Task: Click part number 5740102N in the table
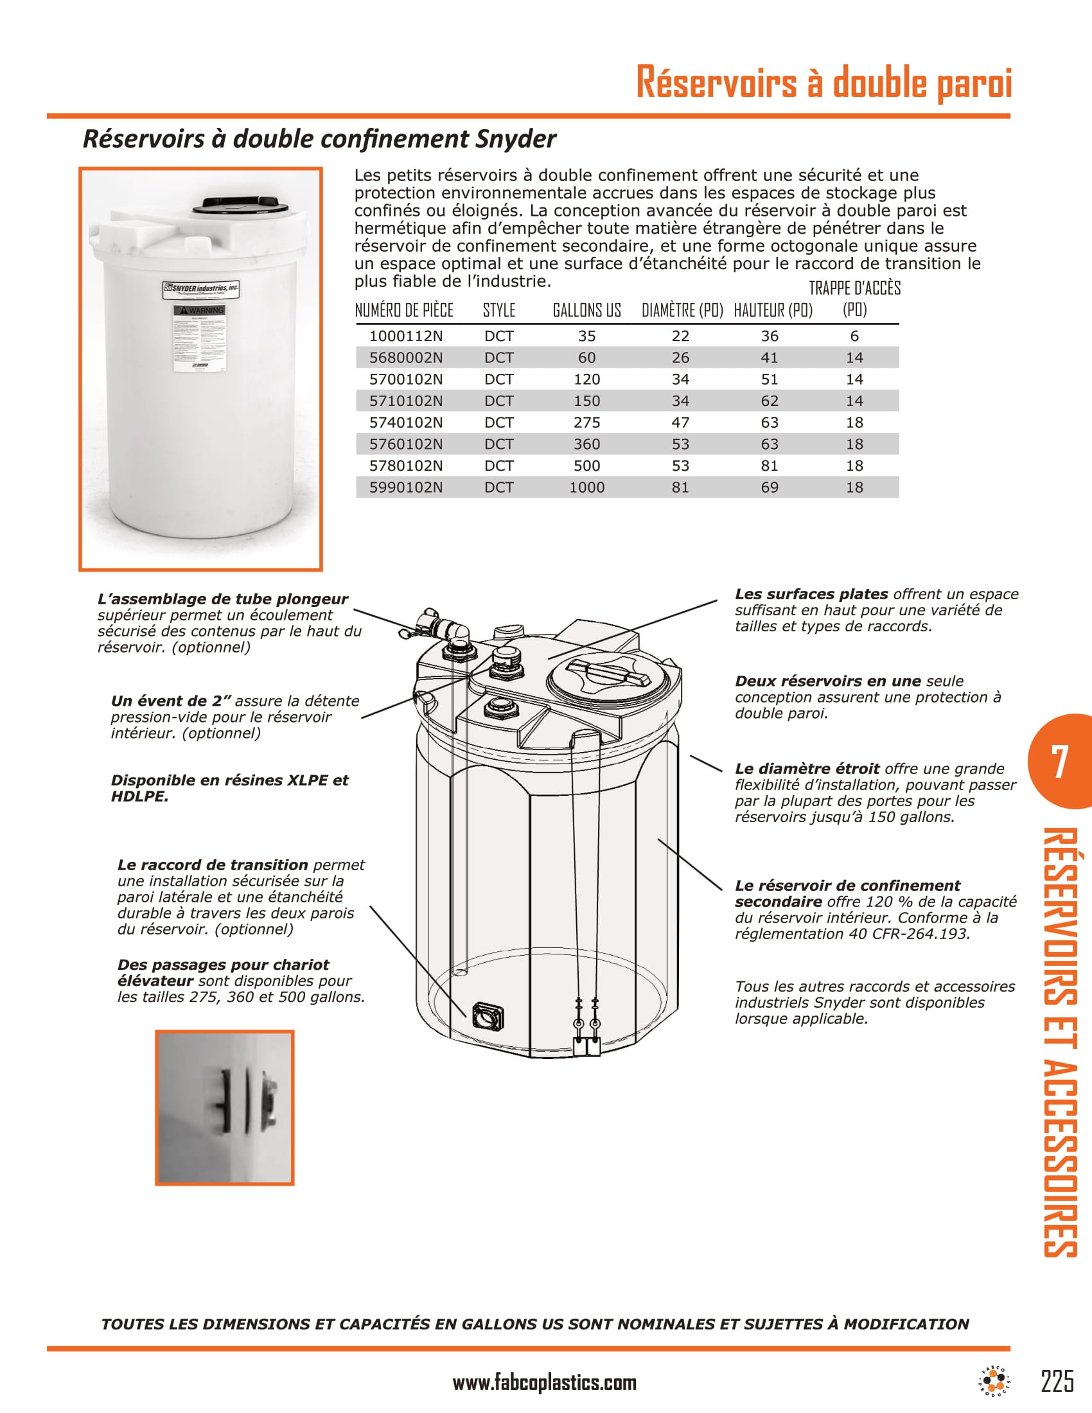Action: pos(405,423)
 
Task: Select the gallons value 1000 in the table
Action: pos(586,487)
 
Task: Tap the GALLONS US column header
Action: pos(586,311)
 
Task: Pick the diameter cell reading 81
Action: pos(680,487)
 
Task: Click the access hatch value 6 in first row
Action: pos(854,336)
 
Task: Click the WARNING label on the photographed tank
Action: pos(200,311)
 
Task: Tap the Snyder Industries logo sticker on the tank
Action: pos(200,289)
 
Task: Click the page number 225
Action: pos(1057,1381)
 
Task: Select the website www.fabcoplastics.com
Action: pos(544,1383)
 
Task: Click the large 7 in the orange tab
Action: pos(1059,762)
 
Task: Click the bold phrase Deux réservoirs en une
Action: pos(827,681)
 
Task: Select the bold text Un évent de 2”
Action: pos(171,701)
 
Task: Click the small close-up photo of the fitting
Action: pos(224,1107)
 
